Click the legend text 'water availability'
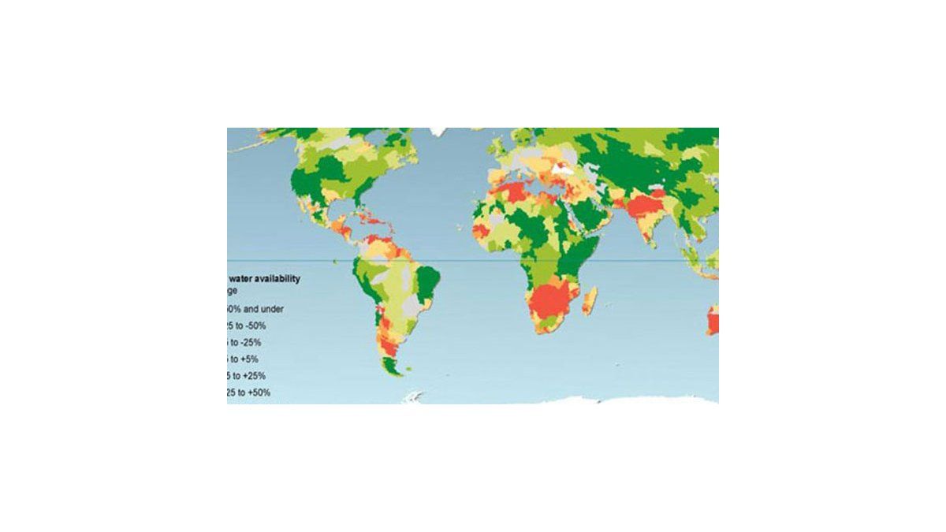tap(265, 278)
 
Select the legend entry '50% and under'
tap(257, 309)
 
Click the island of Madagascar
tap(589, 299)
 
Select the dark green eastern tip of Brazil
tap(428, 280)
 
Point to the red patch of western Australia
tap(713, 322)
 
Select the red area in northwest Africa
tap(512, 192)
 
